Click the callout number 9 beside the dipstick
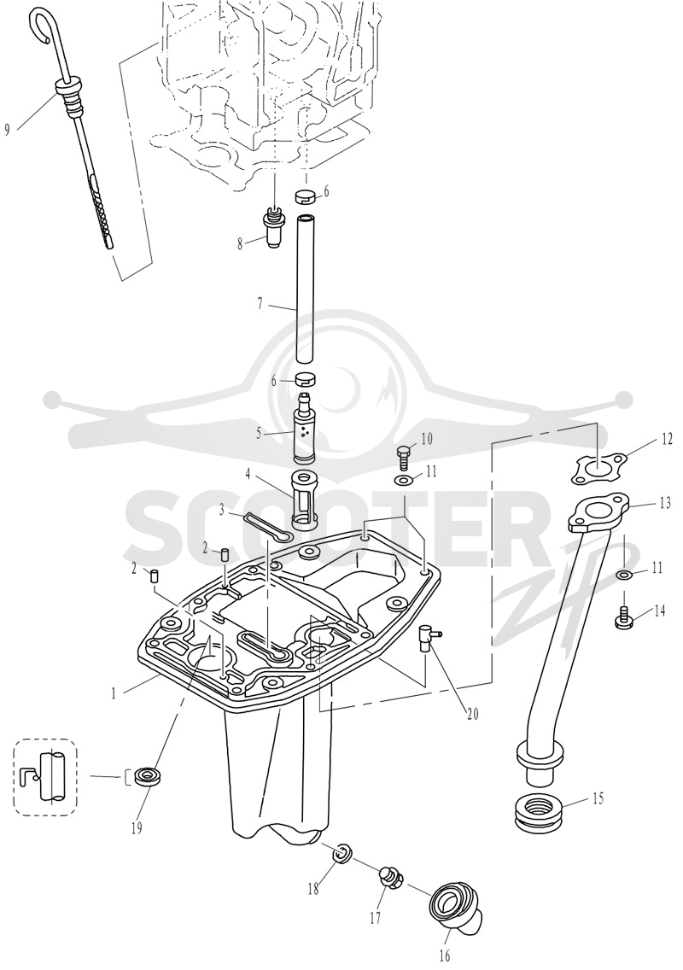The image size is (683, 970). pyautogui.click(x=8, y=130)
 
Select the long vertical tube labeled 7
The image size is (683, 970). pyautogui.click(x=306, y=289)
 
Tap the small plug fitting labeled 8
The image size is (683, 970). pyautogui.click(x=272, y=226)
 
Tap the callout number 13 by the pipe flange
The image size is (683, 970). pyautogui.click(x=664, y=504)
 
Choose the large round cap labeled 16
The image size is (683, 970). pyautogui.click(x=456, y=909)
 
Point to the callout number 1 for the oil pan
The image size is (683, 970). pyautogui.click(x=114, y=693)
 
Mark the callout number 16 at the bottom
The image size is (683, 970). pyautogui.click(x=444, y=956)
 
